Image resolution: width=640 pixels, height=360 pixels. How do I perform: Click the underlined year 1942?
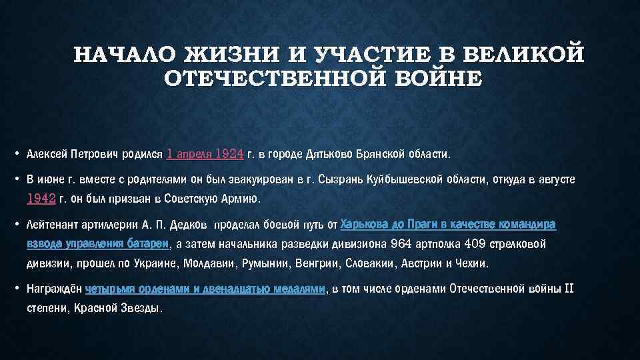41,199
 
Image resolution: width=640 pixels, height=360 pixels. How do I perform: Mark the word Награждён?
54,290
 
